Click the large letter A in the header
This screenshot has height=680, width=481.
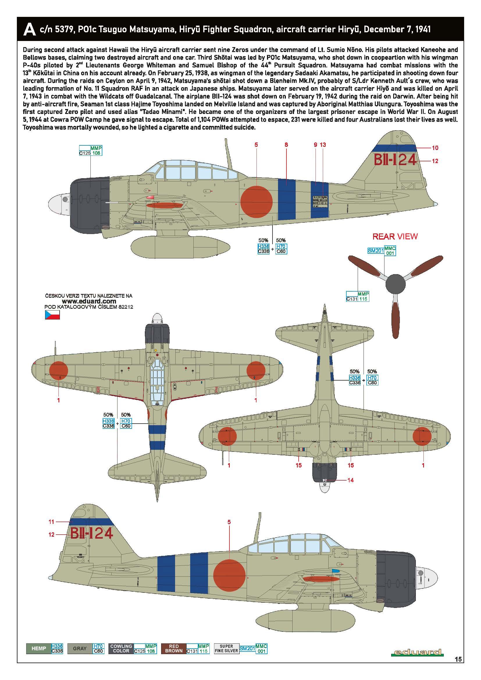pyautogui.click(x=29, y=30)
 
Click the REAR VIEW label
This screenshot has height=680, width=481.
pyautogui.click(x=395, y=237)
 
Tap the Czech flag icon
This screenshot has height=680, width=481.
pyautogui.click(x=52, y=315)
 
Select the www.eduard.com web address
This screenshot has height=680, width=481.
pyautogui.click(x=89, y=301)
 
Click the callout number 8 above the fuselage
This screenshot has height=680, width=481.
pyautogui.click(x=286, y=145)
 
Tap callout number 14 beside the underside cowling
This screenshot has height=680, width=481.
pyautogui.click(x=350, y=480)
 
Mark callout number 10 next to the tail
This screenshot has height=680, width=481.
pyautogui.click(x=435, y=148)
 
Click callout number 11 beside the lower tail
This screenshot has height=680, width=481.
pyautogui.click(x=51, y=522)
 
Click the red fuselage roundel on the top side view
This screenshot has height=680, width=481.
pyautogui.click(x=256, y=202)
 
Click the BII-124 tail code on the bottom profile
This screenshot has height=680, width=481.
pyautogui.click(x=92, y=533)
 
